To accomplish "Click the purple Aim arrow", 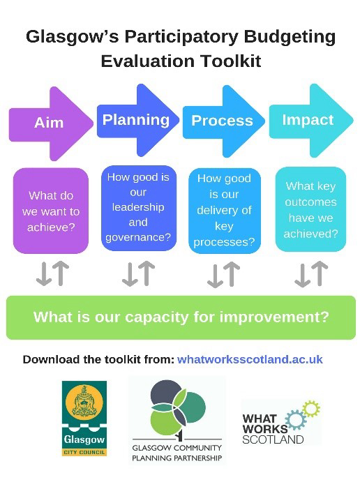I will point(49,123).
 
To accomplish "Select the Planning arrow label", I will point(136,120).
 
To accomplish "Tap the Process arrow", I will point(222,121).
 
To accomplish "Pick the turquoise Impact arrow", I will point(308,120).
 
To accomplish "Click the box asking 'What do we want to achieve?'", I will point(51,211).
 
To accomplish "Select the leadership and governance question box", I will point(137,207).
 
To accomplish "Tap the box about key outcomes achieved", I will point(310,209).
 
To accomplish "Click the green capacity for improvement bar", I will point(181,317).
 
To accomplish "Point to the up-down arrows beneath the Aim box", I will point(52,274).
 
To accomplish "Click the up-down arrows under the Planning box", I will point(137,274).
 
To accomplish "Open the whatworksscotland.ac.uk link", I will point(250,359).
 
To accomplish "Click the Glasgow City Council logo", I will point(84,418).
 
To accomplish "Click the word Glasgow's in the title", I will point(76,36).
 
